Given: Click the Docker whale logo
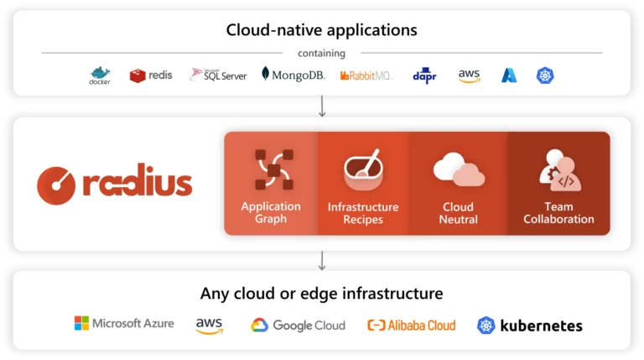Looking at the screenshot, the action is (x=100, y=76).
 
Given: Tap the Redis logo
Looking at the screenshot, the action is (x=151, y=76).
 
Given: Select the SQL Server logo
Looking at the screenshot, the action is (x=219, y=76).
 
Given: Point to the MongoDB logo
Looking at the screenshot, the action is (x=293, y=75).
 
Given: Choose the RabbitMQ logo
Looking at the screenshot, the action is (x=366, y=76).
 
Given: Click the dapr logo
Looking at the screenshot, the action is (x=424, y=76).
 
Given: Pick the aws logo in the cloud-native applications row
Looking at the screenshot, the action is (x=469, y=76).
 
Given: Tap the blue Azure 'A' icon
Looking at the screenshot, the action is (x=509, y=76).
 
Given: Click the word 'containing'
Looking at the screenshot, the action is (x=322, y=54).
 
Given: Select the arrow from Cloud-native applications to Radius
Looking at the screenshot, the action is (x=322, y=107).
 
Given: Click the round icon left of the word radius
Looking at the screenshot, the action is (x=56, y=185).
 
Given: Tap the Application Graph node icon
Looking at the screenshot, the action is (x=274, y=170).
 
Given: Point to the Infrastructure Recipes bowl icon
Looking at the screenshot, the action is (x=363, y=170).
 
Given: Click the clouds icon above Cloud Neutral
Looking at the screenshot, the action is (x=459, y=170).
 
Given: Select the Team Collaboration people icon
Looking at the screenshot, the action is (x=560, y=170).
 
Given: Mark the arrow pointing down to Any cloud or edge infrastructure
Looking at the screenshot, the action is (x=322, y=261).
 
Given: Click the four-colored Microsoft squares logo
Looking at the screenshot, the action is (x=81, y=323).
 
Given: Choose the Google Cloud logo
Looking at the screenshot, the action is (x=299, y=326).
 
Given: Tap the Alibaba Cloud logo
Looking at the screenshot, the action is (x=412, y=326).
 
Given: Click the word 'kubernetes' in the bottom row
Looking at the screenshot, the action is (x=542, y=326).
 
